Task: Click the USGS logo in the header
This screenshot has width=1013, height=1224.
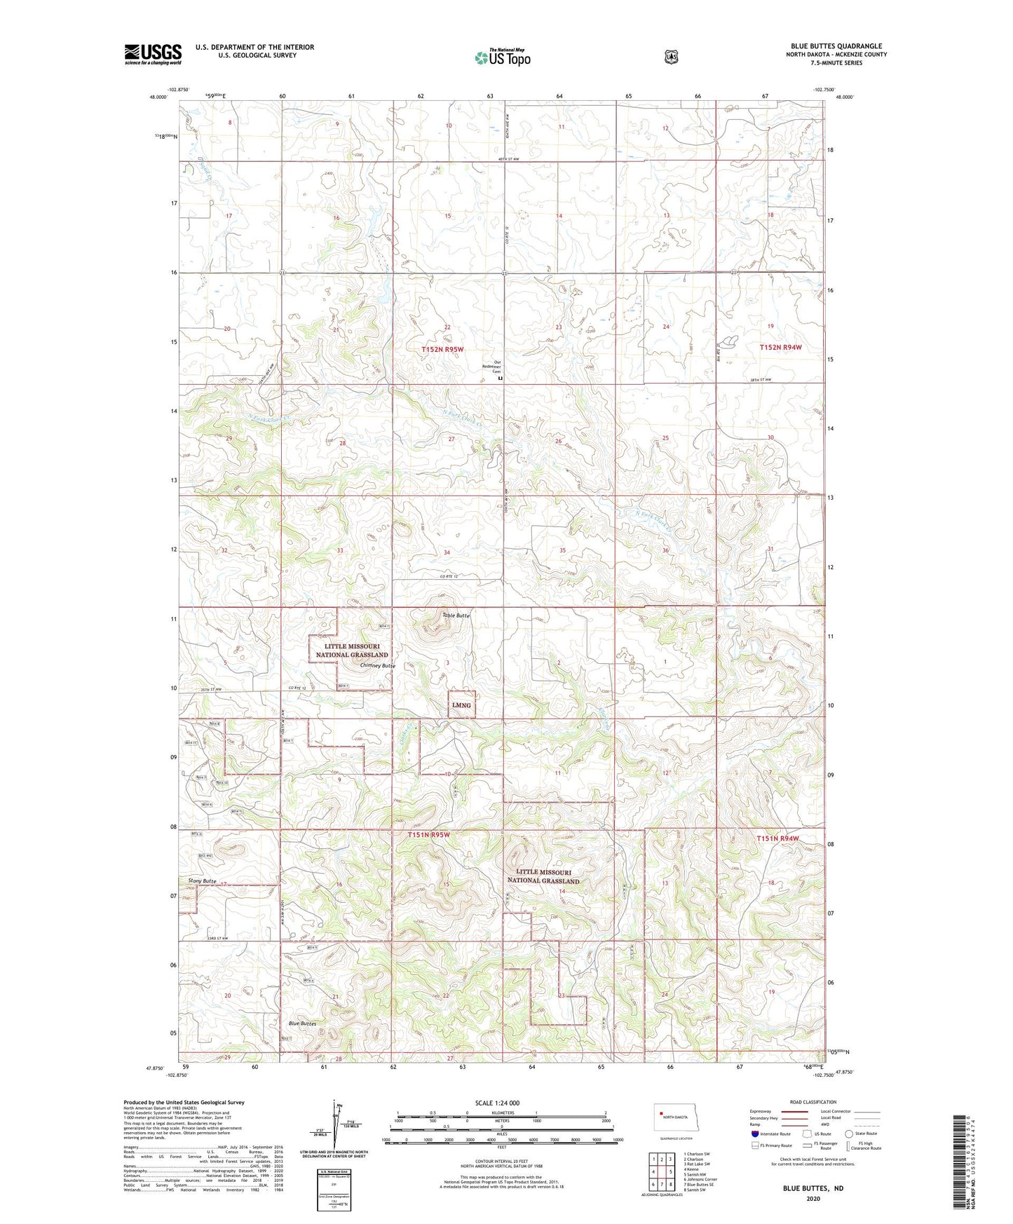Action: [x=153, y=54]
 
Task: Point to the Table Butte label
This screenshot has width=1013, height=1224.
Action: [x=455, y=615]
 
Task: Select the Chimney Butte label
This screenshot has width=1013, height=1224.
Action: [x=377, y=665]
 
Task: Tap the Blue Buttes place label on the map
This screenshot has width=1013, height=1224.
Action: [x=302, y=1024]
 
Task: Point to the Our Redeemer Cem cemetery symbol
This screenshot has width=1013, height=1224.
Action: [x=500, y=378]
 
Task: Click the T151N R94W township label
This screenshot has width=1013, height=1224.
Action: [x=778, y=838]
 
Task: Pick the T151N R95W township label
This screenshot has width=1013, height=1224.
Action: [x=428, y=835]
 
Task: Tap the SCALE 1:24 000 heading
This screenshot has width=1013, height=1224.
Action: [x=497, y=1103]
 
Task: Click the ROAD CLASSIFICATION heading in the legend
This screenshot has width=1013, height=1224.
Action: [x=813, y=1102]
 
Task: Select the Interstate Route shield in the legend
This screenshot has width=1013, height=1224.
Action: [x=754, y=1134]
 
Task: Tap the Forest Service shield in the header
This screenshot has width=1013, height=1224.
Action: [x=671, y=57]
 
